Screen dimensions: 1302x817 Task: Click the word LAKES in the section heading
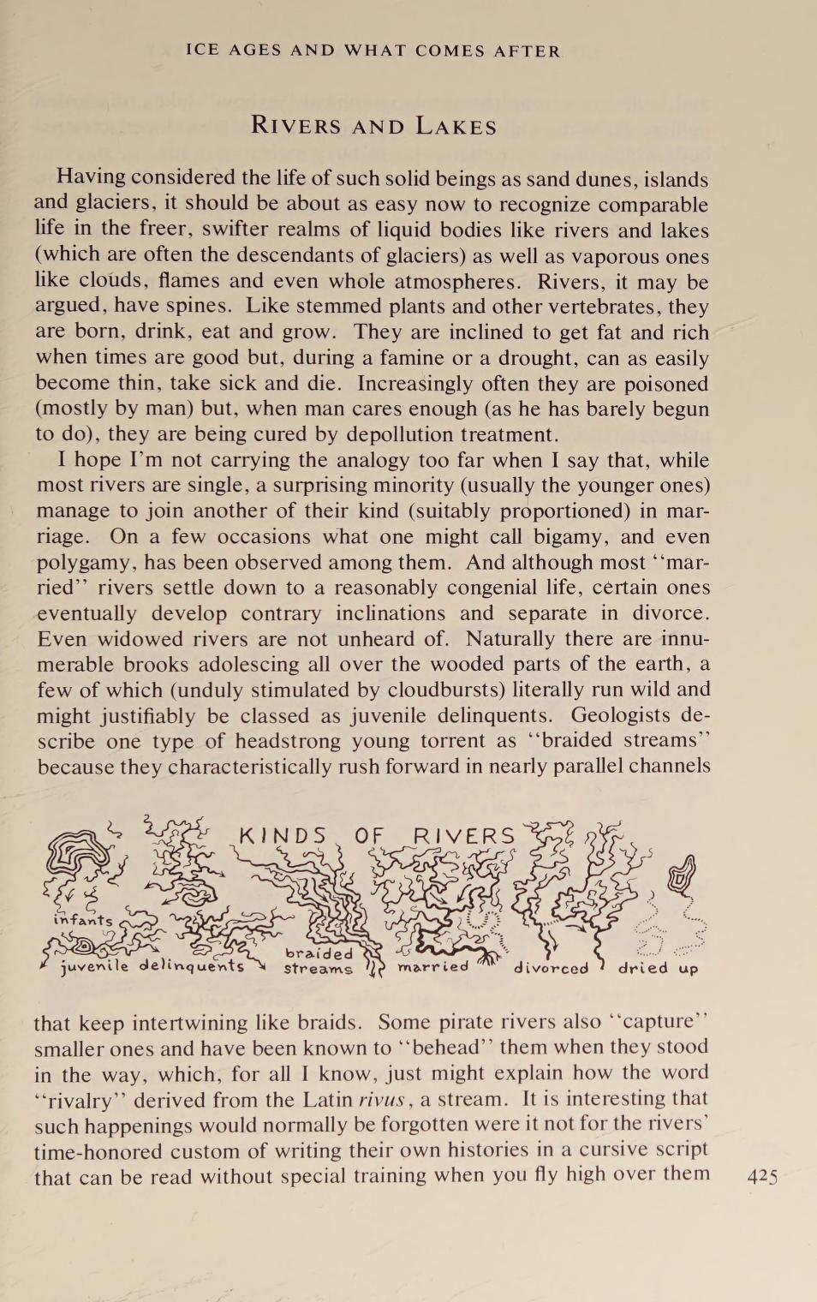[456, 127]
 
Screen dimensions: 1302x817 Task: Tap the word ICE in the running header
[202, 51]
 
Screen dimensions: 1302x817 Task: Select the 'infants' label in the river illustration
[82, 920]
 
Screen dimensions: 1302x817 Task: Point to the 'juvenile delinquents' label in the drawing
[152, 966]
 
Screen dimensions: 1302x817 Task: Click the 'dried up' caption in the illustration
[658, 968]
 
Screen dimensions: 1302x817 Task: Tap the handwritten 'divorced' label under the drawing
[551, 968]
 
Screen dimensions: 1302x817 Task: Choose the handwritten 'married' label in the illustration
[433, 966]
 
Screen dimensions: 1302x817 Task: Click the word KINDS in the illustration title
[283, 836]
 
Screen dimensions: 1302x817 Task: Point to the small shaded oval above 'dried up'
[682, 875]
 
